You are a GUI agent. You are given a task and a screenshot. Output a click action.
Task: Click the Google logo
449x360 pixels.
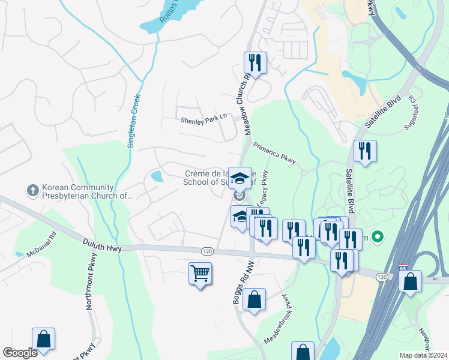(20, 353)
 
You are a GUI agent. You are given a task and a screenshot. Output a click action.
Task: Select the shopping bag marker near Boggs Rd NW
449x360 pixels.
(254, 299)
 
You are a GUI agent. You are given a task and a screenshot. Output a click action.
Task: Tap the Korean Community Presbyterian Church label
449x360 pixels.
(86, 191)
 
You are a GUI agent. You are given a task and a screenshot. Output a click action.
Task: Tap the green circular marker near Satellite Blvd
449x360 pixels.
(377, 237)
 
